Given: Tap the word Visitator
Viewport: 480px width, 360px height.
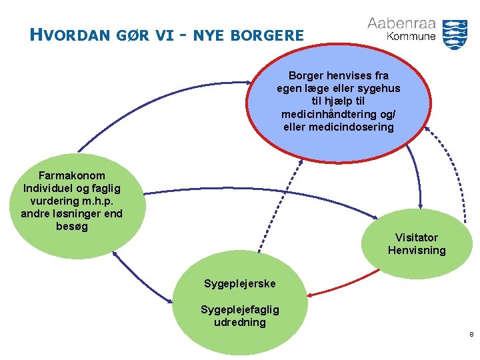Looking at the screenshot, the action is [416, 237].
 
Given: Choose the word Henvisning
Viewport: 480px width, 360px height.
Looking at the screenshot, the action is [417, 250].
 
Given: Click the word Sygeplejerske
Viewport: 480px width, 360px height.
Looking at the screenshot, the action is [239, 284].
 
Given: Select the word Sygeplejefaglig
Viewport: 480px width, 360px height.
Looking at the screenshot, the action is [240, 309].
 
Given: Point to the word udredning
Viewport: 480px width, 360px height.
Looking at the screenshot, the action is [240, 322].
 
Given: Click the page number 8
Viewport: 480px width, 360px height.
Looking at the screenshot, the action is [471, 334].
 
